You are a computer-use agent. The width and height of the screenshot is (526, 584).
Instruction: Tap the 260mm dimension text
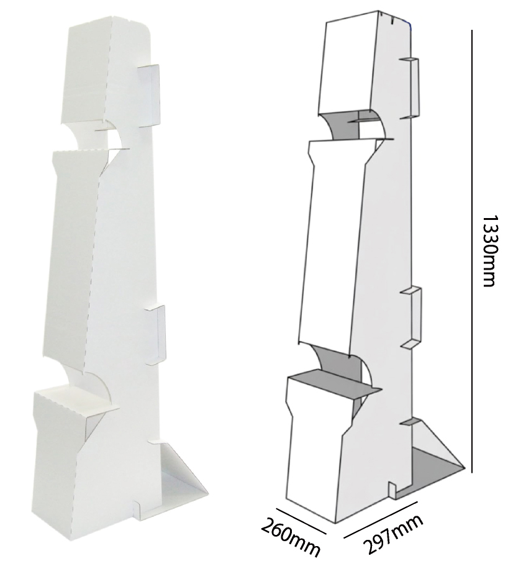point(291,538)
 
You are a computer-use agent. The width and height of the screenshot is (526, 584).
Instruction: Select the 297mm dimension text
point(392,534)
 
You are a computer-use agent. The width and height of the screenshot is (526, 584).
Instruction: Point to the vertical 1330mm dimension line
point(471,252)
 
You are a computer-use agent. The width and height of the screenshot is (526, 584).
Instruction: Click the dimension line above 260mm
point(301,521)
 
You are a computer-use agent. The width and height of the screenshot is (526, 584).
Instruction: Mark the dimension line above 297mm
point(381,519)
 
